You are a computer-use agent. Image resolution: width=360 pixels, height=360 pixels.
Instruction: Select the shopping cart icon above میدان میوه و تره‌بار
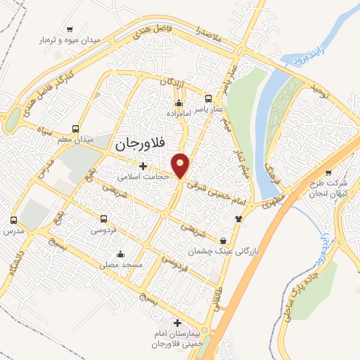point(70,30)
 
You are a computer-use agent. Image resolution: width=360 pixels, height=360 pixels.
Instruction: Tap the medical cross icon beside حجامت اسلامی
point(144,167)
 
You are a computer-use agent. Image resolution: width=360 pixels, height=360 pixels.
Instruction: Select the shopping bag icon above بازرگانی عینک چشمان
point(224,240)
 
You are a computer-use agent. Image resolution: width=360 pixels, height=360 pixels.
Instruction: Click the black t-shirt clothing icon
point(238,219)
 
